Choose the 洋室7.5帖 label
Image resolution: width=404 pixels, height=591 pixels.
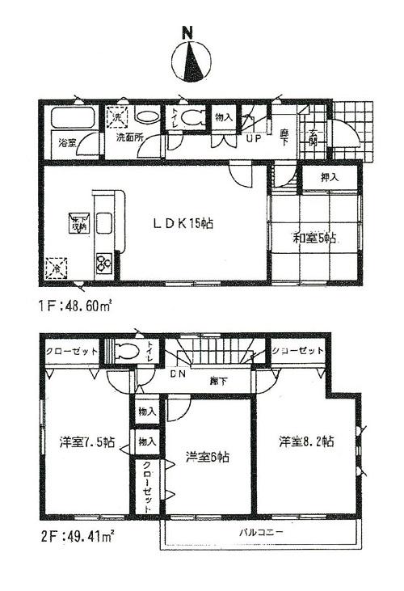tap(86, 442)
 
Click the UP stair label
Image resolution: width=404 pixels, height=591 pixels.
tap(252, 138)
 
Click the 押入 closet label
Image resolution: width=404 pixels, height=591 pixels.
tap(329, 177)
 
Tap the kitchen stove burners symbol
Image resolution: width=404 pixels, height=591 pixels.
tap(103, 262)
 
